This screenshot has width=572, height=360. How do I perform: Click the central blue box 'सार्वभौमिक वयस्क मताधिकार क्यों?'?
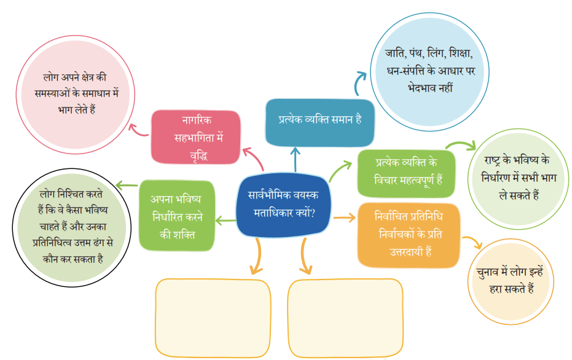[283, 205]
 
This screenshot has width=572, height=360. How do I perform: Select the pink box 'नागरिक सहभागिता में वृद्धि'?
[196, 137]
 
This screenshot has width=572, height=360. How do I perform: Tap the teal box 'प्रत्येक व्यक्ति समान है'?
[319, 122]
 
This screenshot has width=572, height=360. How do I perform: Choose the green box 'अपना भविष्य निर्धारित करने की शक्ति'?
[177, 216]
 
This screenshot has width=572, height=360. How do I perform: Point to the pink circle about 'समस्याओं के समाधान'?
[76, 95]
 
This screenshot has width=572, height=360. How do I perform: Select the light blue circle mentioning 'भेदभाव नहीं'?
[429, 72]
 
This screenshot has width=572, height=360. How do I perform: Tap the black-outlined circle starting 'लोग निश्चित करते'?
[72, 227]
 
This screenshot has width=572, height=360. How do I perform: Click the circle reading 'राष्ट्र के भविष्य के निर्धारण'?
[519, 179]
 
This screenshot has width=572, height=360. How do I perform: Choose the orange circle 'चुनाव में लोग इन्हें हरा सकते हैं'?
[511, 281]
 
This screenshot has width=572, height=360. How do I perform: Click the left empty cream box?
[213, 318]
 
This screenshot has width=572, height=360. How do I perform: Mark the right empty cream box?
[346, 318]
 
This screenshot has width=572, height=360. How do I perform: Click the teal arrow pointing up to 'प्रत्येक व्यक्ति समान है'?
[296, 159]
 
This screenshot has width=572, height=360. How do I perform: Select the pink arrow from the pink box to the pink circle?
[138, 131]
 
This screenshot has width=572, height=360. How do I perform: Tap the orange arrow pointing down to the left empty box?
[258, 256]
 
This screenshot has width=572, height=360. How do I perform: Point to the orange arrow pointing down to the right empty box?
[304, 256]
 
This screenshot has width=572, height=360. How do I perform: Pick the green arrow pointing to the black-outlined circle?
[127, 186]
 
